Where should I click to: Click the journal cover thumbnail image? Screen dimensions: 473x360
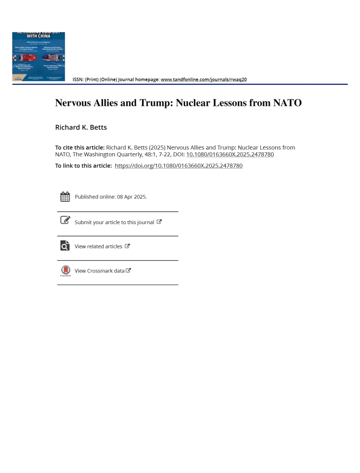click(38, 56)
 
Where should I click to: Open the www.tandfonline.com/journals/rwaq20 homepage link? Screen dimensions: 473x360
click(204, 79)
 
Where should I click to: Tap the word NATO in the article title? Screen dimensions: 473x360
click(287, 103)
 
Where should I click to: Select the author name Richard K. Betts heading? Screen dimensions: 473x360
click(81, 127)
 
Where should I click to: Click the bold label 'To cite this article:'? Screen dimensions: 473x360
click(80, 147)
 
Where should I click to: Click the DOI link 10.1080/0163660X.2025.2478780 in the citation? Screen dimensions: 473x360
click(230, 154)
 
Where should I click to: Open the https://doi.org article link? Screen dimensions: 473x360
click(179, 166)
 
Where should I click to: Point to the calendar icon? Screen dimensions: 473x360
click(65, 197)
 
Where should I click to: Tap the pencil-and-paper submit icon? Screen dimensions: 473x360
click(65, 220)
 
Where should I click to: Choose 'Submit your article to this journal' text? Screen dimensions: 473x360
click(114, 222)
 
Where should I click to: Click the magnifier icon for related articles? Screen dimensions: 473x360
click(65, 245)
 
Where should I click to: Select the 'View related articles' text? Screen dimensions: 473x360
click(98, 246)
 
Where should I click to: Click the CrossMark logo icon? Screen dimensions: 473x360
click(65, 270)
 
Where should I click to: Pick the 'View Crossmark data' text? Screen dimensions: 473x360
click(99, 270)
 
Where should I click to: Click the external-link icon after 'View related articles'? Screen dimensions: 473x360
click(127, 246)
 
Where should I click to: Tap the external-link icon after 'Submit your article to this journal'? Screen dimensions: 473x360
click(159, 222)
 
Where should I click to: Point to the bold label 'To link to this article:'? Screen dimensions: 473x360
click(83, 166)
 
